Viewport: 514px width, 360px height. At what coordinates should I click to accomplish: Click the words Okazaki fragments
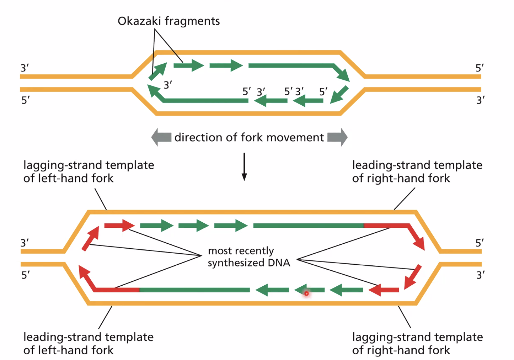(x=168, y=21)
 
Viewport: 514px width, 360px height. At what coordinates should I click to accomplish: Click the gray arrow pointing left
(x=161, y=137)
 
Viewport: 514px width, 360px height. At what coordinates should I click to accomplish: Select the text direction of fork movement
(x=249, y=137)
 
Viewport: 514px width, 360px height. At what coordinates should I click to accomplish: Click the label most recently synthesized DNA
(x=249, y=256)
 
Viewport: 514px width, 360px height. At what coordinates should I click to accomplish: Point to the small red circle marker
(x=306, y=293)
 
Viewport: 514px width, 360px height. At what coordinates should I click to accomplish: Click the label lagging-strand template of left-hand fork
(x=89, y=171)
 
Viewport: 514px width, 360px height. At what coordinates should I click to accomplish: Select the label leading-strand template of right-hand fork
(x=417, y=171)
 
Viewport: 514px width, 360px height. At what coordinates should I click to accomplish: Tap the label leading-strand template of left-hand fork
(x=89, y=343)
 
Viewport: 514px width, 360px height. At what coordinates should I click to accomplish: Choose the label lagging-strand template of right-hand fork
(x=417, y=343)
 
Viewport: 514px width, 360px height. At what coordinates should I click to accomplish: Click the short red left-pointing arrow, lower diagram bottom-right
(x=384, y=290)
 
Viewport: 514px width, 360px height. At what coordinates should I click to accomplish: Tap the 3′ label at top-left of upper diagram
(x=25, y=68)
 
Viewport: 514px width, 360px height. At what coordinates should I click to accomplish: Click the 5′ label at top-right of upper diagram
(x=480, y=68)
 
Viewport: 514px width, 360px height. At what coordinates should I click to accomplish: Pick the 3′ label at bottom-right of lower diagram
(x=480, y=275)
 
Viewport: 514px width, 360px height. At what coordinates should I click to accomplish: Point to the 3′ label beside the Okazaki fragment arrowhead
(x=168, y=85)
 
